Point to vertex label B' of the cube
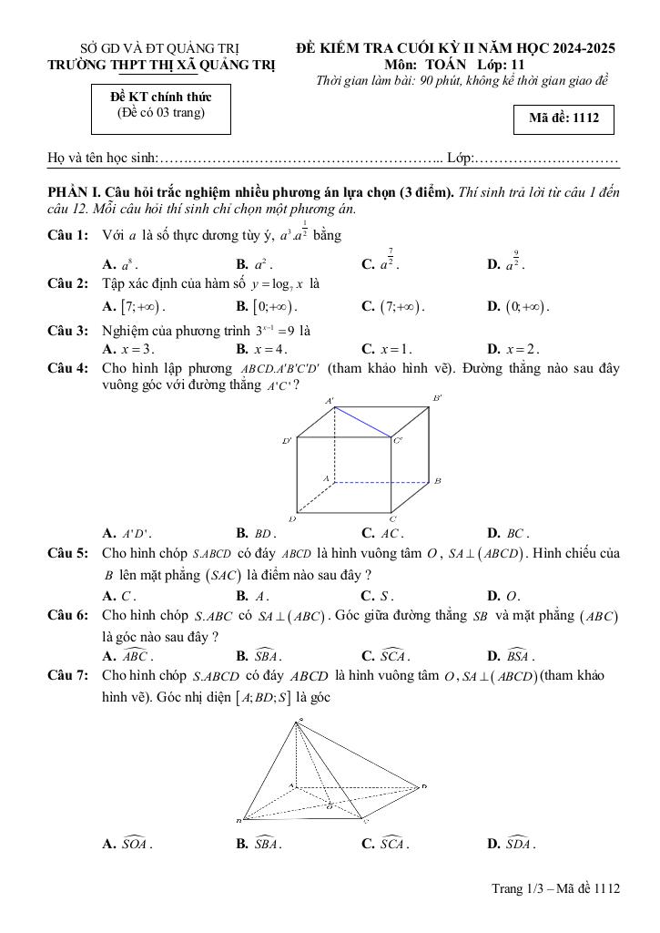pos(437,398)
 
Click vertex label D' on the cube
pos(287,441)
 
